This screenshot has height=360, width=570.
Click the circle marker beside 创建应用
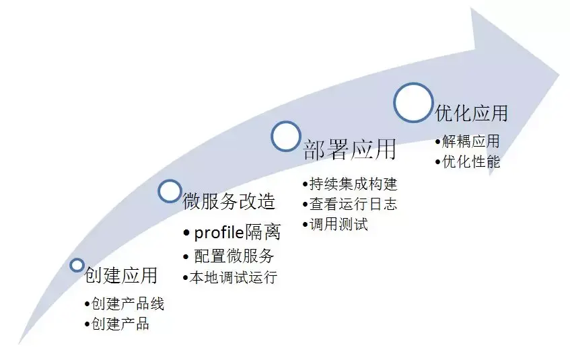77,265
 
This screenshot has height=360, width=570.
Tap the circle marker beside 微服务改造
170,191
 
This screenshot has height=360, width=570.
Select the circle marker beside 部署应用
285,135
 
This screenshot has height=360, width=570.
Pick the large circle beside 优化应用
413,102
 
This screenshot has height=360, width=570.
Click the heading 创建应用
120,275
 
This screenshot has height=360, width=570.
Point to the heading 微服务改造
229,201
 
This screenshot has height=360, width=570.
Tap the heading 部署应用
349,149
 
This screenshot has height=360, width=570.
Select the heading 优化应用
471,112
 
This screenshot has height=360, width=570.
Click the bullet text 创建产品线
128,303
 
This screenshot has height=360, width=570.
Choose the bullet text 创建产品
120,324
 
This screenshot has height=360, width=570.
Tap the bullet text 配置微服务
234,256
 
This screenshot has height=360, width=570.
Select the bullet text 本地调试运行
233,277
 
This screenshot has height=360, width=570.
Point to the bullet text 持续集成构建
353,184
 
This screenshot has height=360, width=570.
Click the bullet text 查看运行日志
353,204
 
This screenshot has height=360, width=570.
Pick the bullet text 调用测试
339,224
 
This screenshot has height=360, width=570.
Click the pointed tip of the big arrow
559,69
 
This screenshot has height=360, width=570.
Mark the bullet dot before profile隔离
186,233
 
